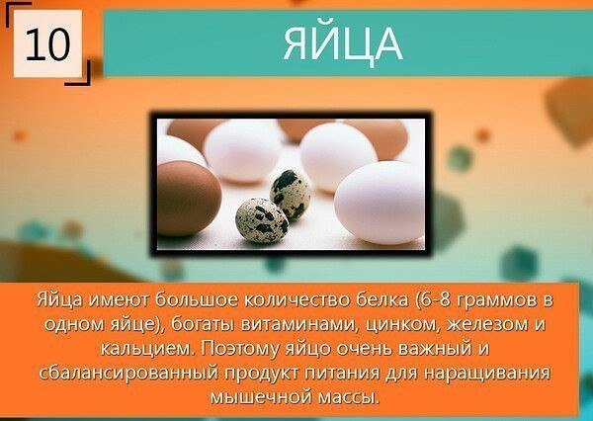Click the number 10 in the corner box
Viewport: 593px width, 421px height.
[47, 43]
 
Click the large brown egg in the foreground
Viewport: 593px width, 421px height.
[189, 198]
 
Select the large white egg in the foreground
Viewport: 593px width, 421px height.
[380, 203]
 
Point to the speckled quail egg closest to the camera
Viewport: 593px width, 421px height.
[262, 220]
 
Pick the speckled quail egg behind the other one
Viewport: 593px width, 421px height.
[290, 194]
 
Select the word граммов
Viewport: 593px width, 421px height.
[496, 300]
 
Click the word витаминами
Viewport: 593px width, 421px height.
[298, 324]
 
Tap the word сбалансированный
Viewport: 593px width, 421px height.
[128, 374]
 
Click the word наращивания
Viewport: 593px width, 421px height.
[486, 374]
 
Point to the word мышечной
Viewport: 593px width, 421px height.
[258, 398]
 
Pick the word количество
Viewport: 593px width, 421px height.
[297, 300]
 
